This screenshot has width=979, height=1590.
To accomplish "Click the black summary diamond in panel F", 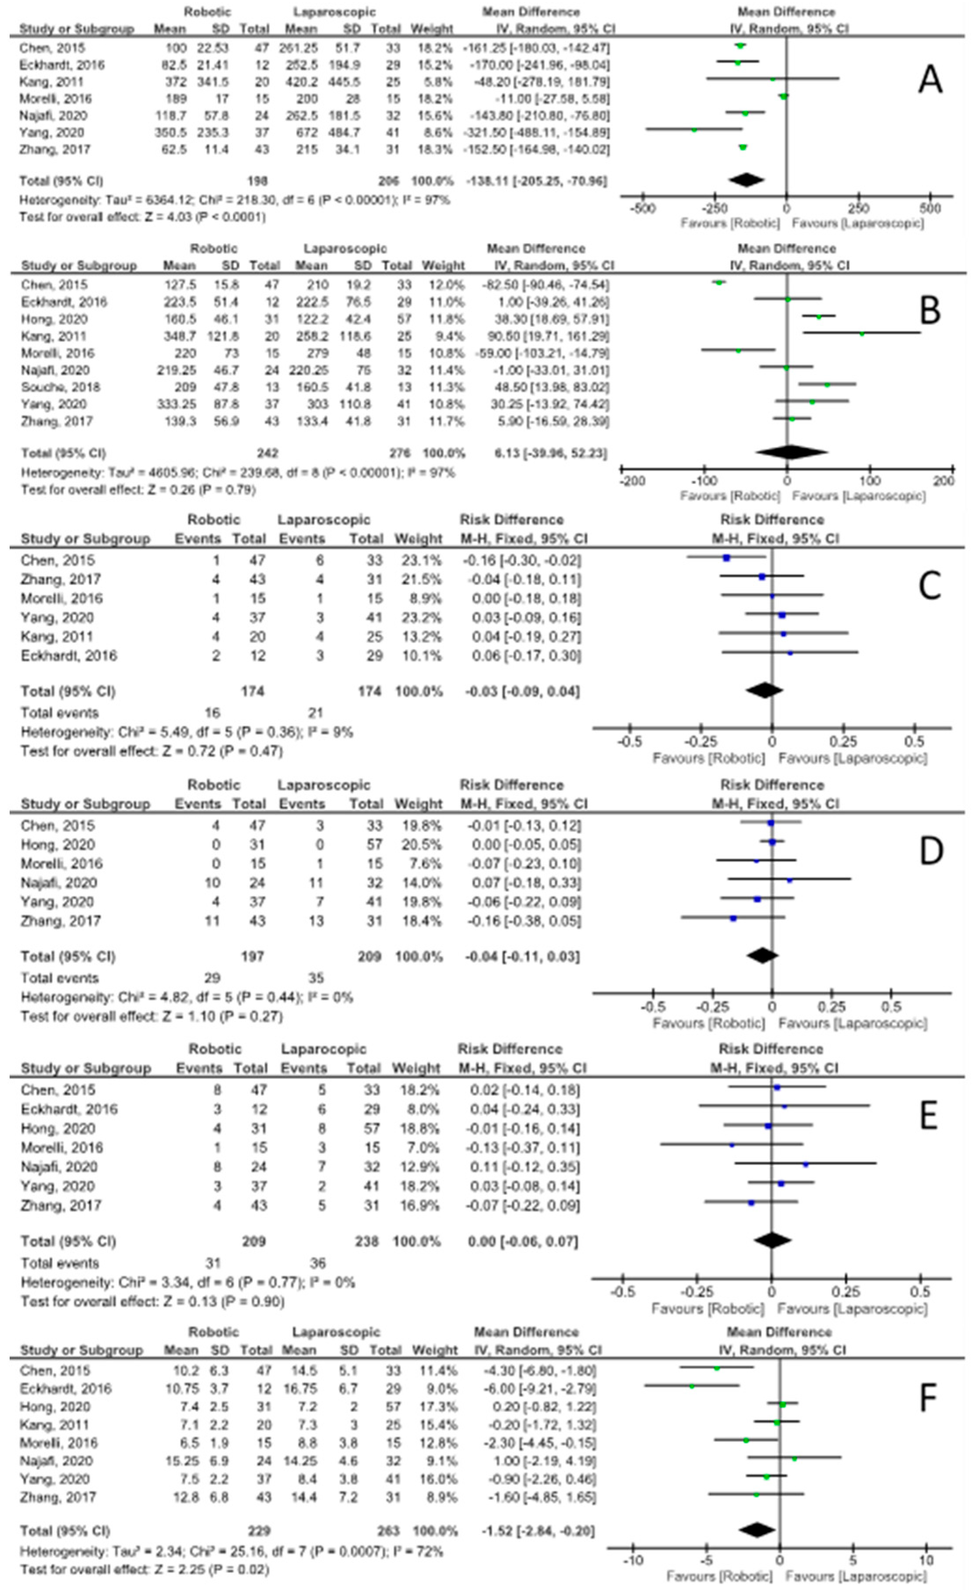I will tap(757, 1530).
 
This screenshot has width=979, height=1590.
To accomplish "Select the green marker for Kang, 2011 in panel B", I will tap(862, 334).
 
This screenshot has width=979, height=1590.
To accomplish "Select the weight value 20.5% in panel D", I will tap(418, 845).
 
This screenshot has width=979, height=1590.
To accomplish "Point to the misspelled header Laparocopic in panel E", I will tap(322, 1049).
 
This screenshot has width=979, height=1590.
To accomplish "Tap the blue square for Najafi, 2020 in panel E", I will tap(806, 1164).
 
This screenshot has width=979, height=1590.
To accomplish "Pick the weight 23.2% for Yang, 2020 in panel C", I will tap(418, 618).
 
